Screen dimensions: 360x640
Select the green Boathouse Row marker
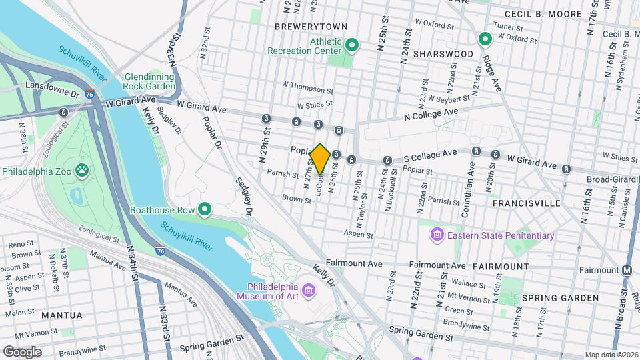[x=205, y=211]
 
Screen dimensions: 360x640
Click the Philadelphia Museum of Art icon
[x=308, y=290]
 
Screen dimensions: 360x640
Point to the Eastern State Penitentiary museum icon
[x=437, y=235]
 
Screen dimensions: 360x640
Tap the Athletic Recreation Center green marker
[x=352, y=45]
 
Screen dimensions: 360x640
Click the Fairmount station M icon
[x=627, y=270]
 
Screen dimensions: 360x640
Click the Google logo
[x=22, y=351]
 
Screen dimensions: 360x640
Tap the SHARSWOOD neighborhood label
[x=443, y=53]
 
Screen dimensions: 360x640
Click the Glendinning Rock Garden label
[x=149, y=81]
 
